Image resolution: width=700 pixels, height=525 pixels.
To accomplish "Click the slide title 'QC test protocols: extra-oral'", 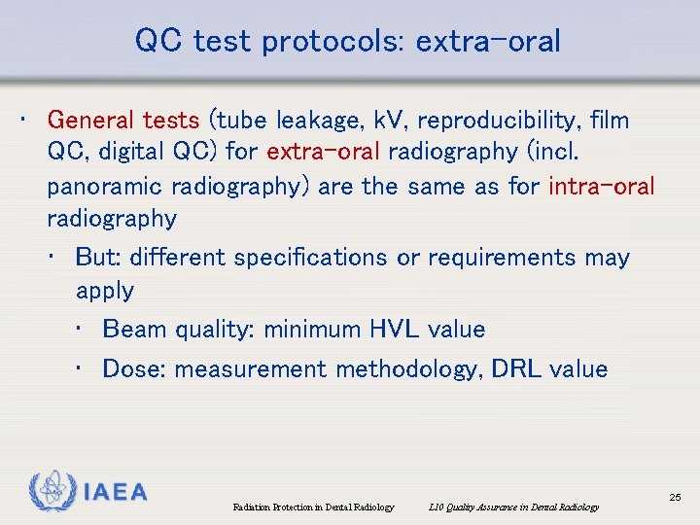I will coord(348,42).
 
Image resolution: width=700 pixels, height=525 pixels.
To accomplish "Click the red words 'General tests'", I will coord(122,121).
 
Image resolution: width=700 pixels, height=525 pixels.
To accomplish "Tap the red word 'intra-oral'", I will coord(602,185).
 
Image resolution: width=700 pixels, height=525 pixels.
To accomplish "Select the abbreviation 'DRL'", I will coord(520,369).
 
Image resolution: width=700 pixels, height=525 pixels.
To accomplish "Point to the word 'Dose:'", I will coord(134,369).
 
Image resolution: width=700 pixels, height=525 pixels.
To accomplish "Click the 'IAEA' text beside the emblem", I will coord(115,493).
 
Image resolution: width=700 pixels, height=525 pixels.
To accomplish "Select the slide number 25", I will coord(675,498).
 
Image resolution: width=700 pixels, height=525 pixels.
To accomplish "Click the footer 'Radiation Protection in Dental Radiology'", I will coord(313,507).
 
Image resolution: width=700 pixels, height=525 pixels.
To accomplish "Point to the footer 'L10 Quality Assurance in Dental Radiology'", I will coord(512,507).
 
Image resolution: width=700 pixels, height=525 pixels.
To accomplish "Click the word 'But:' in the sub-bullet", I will coord(97,258).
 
